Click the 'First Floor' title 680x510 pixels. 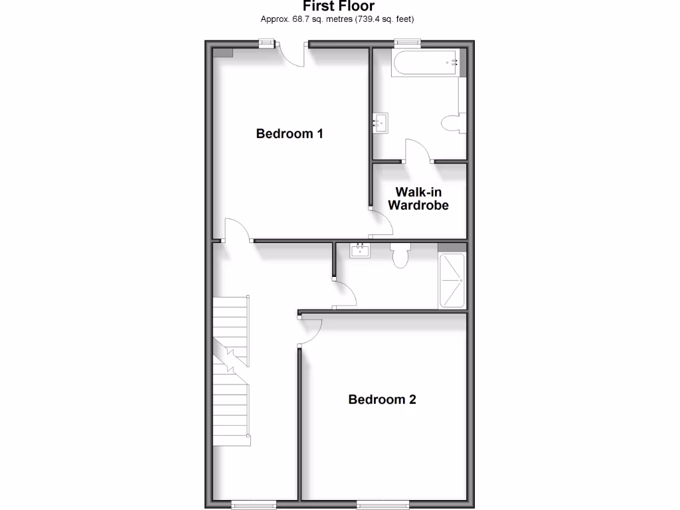339,7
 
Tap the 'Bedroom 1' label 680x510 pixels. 290,133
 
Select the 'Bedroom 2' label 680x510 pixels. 382,399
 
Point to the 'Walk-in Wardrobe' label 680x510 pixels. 418,199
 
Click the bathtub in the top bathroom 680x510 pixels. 425,64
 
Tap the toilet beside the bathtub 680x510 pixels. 452,123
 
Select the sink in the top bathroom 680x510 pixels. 381,122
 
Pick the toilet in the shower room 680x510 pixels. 400,255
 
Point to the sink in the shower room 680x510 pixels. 360,250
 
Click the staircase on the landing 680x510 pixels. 231,369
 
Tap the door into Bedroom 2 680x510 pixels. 311,331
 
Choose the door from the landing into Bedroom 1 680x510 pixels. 237,230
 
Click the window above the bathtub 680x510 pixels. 408,43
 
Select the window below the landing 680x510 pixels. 254,505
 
